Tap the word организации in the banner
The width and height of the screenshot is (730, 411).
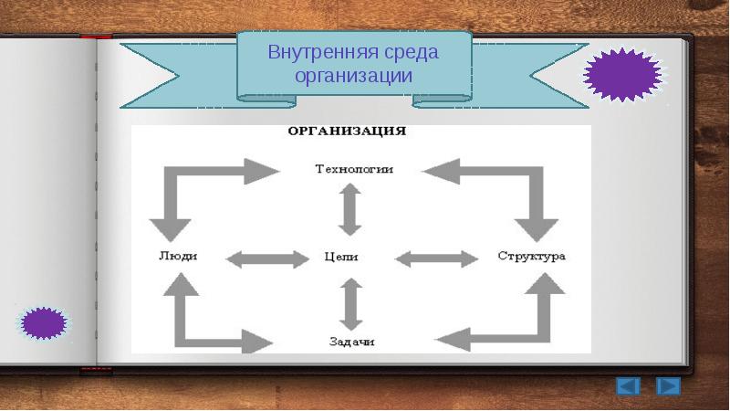point(354,76)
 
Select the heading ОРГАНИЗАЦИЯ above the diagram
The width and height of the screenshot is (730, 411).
point(347,131)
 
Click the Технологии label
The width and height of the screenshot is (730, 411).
point(354,169)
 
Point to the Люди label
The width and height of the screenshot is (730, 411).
point(178,256)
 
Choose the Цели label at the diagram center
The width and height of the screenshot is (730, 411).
point(340,257)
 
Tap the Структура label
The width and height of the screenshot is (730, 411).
point(531,256)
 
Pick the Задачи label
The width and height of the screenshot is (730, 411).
point(351,342)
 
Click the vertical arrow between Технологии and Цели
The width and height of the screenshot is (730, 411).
point(349,210)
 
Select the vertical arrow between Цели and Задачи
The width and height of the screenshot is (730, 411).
point(350,304)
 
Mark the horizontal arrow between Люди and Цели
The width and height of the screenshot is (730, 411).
point(267,259)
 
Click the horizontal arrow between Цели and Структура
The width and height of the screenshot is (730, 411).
point(437,259)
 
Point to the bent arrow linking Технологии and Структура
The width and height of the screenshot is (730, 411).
point(537,174)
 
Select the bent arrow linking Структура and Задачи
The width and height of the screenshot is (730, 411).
point(544,336)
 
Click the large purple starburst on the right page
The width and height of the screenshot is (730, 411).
point(623,75)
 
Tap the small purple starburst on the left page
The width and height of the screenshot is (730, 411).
point(44,323)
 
